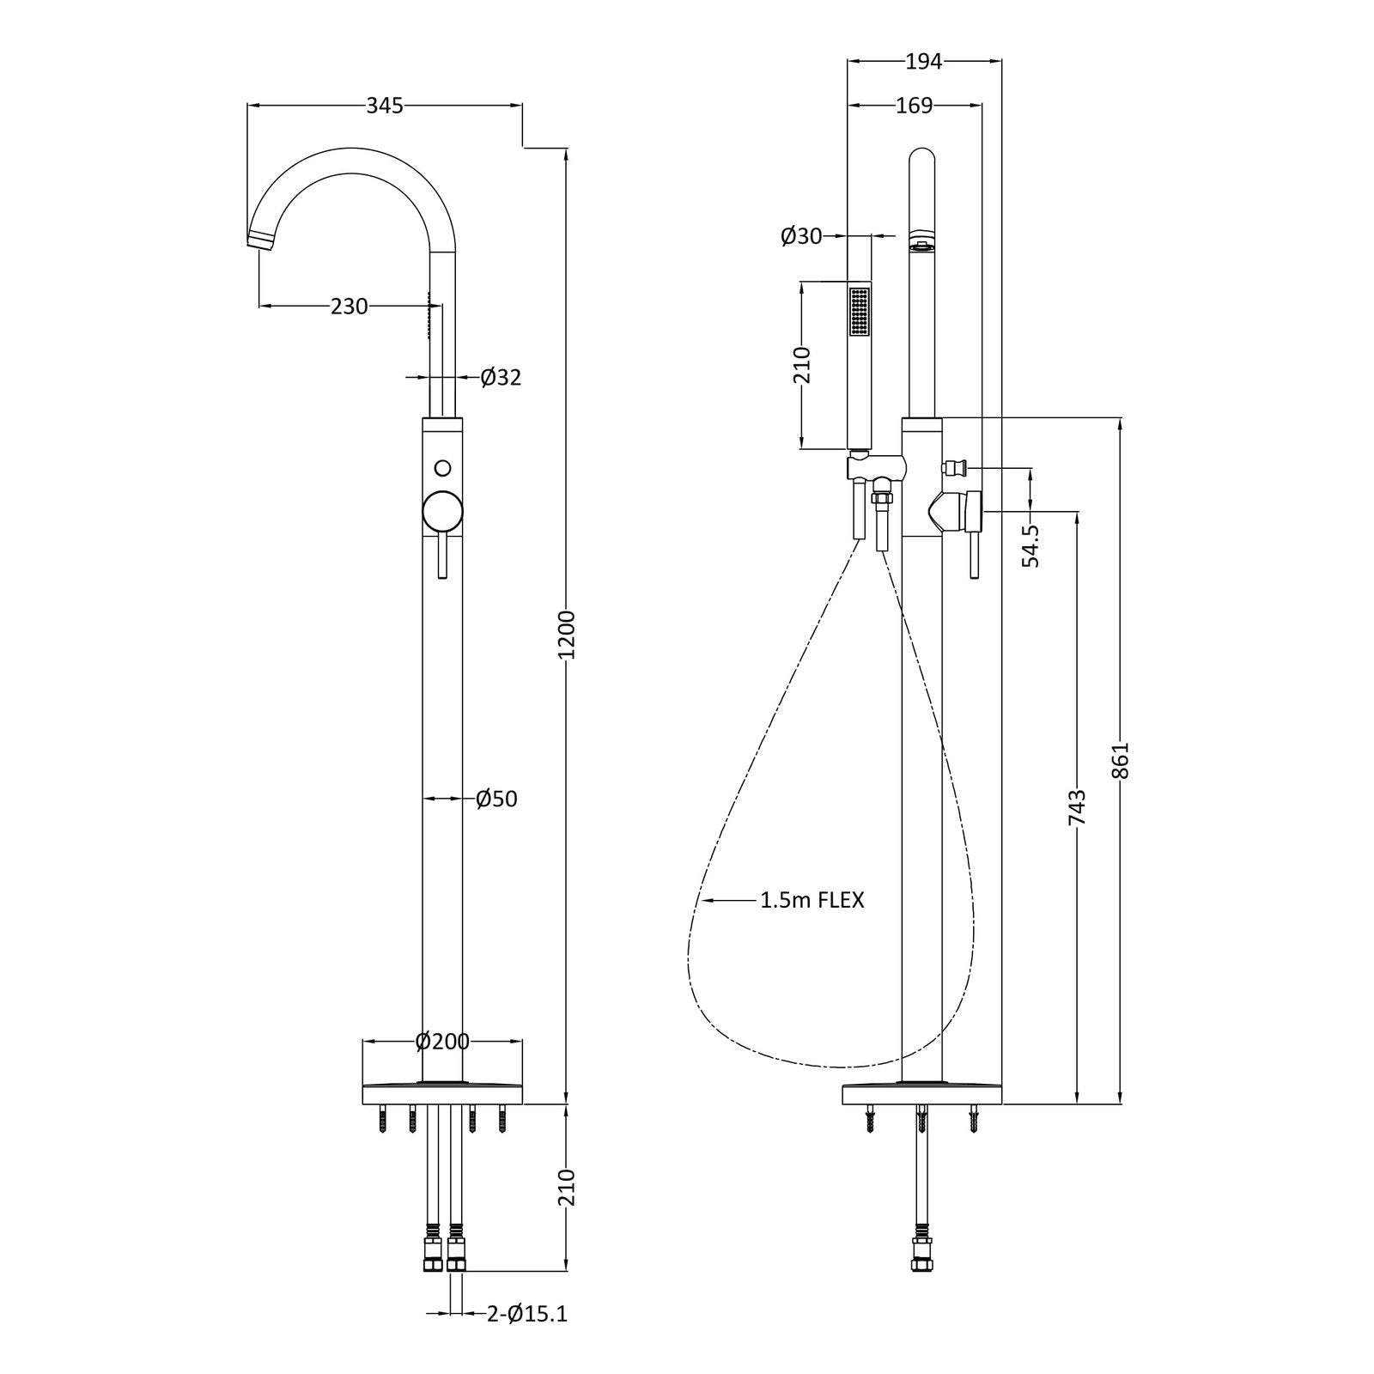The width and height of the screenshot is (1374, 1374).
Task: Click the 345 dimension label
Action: pyautogui.click(x=385, y=106)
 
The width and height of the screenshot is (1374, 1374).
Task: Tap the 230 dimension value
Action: pyautogui.click(x=350, y=306)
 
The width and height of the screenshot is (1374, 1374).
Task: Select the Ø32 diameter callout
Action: pyautogui.click(x=501, y=377)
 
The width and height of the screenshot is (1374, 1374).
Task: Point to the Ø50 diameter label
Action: pyautogui.click(x=497, y=799)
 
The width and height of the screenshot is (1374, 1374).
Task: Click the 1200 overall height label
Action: pyautogui.click(x=568, y=635)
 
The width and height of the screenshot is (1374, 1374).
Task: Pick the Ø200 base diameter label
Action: pyautogui.click(x=442, y=1042)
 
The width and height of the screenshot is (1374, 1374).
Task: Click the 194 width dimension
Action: pyautogui.click(x=924, y=61)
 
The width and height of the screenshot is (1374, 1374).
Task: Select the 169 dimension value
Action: pyautogui.click(x=914, y=106)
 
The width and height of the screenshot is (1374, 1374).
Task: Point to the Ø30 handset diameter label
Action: pyautogui.click(x=801, y=235)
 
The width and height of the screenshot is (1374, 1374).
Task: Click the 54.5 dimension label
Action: pyautogui.click(x=1031, y=546)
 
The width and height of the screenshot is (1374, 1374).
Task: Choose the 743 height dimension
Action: pyautogui.click(x=1077, y=807)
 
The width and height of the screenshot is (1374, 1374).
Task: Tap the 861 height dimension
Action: pyautogui.click(x=1122, y=761)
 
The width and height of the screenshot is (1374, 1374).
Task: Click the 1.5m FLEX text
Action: pyautogui.click(x=812, y=900)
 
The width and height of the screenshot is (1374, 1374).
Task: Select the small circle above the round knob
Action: pyautogui.click(x=443, y=468)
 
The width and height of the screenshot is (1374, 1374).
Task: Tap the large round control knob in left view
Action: pyautogui.click(x=443, y=513)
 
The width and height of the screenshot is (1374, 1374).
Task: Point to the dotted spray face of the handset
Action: pyautogui.click(x=859, y=312)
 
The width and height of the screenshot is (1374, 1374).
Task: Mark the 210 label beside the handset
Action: pyautogui.click(x=801, y=365)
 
